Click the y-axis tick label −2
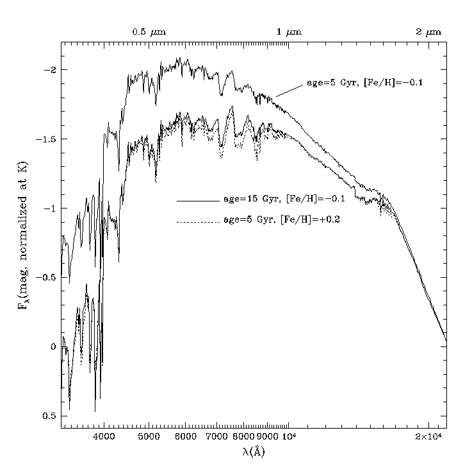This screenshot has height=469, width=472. tap(48, 70)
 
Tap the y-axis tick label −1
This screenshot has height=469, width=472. tap(48, 209)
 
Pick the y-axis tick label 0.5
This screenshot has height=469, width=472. tap(48, 416)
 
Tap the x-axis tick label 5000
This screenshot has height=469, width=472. tap(148, 437)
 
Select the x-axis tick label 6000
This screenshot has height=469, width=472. tap(185, 437)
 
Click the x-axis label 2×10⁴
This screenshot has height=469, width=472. tap(427, 436)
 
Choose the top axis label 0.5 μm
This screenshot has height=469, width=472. tap(149, 32)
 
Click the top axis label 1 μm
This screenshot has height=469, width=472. tap(288, 32)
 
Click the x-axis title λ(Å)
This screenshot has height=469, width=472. tap(253, 452)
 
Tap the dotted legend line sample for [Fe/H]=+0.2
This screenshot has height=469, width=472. tap(198, 222)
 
